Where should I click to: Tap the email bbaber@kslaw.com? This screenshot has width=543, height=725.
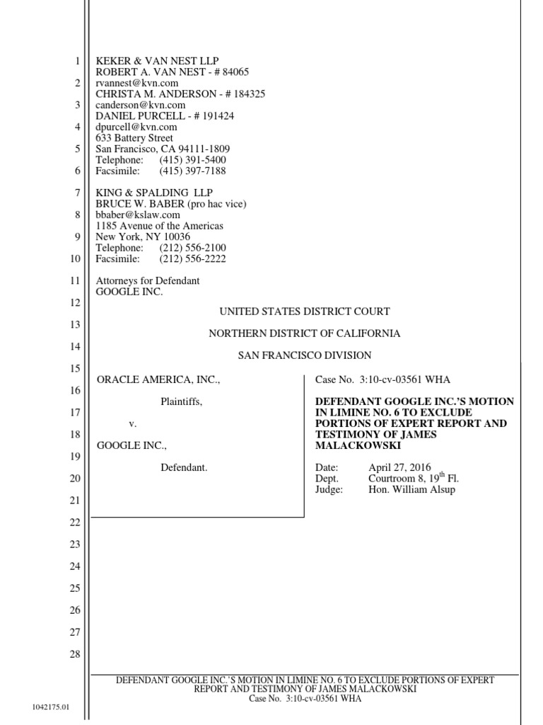[138, 215]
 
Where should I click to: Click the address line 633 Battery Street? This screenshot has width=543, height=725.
[134, 138]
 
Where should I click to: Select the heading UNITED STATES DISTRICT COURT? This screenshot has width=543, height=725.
[304, 312]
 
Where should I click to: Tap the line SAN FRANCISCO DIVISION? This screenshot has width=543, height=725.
[304, 355]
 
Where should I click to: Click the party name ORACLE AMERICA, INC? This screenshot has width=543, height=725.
[158, 380]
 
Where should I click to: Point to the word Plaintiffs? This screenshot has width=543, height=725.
[181, 402]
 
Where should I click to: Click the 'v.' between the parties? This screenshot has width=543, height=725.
[132, 424]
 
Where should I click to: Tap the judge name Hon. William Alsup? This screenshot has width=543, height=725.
[412, 490]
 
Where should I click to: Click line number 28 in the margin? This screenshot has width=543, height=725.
[74, 654]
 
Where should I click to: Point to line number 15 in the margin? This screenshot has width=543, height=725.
[74, 368]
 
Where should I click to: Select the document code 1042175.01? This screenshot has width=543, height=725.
[51, 707]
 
